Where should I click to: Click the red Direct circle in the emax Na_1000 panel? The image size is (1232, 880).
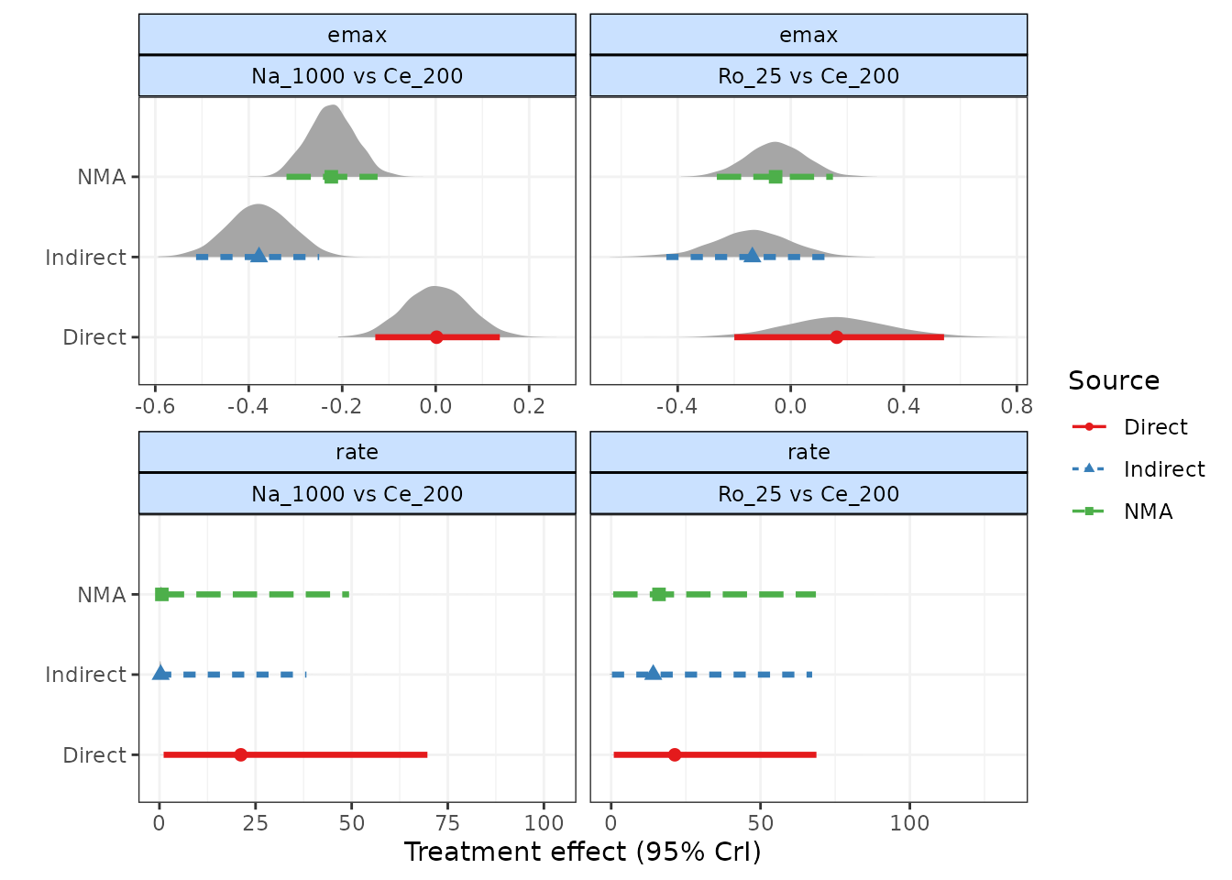[436, 337]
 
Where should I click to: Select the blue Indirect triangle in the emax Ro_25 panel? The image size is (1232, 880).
[752, 256]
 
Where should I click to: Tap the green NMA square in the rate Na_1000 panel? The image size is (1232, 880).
[162, 595]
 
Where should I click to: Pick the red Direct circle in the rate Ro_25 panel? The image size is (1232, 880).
[675, 755]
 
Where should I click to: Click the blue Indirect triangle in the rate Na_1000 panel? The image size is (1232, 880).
[160, 674]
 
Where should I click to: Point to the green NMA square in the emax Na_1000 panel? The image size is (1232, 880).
[331, 176]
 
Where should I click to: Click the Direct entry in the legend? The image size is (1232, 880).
[1155, 427]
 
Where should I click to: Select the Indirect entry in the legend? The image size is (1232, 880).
[1163, 469]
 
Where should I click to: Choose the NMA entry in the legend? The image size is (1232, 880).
[1148, 511]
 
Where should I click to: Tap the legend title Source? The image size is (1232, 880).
[1114, 380]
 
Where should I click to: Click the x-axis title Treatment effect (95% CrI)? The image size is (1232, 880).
[583, 852]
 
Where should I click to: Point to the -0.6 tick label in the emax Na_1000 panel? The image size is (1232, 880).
[155, 406]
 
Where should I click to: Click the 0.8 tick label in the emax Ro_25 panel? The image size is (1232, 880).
[1017, 406]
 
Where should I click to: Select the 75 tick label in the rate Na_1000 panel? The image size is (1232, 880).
[448, 823]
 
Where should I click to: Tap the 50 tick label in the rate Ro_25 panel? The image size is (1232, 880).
[760, 823]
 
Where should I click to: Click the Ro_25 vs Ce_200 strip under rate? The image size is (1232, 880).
[808, 494]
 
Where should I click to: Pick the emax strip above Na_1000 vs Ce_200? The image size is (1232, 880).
[357, 35]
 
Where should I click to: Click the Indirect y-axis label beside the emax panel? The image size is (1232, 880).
[85, 258]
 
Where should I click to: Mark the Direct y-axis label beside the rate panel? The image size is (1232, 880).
[94, 755]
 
